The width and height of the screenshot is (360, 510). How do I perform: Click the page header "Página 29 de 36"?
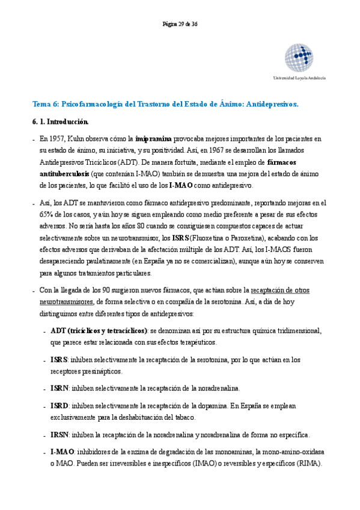pos(180,25)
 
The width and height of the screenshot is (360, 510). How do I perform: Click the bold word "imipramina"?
pos(154,138)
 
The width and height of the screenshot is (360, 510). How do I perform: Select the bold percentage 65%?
pos(46,215)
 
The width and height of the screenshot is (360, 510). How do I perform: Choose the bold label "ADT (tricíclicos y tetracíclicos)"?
pos(99,331)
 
